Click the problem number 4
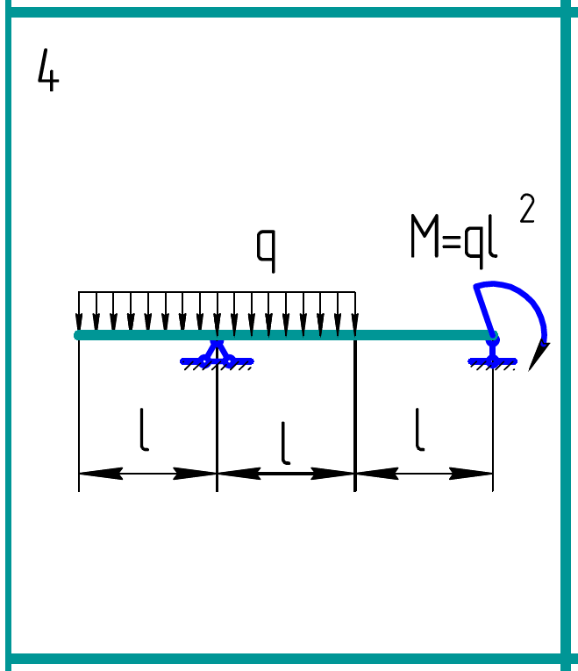47,71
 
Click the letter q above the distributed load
267,249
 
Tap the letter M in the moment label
425,237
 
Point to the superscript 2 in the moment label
526,211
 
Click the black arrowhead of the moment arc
539,355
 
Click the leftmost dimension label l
144,431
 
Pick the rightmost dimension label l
420,431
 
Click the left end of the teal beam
80,335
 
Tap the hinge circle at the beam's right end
493,336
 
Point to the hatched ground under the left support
217,367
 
